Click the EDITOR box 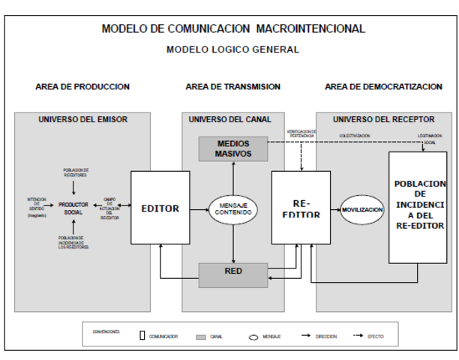click(x=160, y=208)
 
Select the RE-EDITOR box click(x=300, y=208)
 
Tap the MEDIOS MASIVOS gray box click(x=232, y=148)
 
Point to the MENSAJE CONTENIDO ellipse click(x=232, y=208)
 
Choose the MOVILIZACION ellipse click(x=362, y=208)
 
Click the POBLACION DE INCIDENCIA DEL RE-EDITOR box click(x=418, y=207)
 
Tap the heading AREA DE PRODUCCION click(x=82, y=87)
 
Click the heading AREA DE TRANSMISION click(x=233, y=87)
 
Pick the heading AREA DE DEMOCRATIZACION click(x=383, y=87)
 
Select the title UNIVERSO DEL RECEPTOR click(x=384, y=119)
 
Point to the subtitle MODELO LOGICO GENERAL click(x=232, y=50)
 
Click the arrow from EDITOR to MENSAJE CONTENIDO click(x=199, y=208)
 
